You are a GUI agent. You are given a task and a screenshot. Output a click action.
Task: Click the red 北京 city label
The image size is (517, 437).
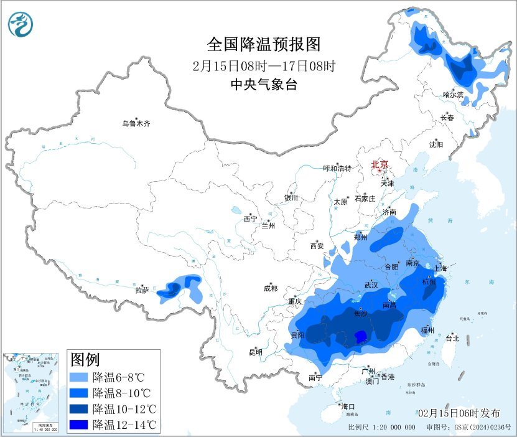pos(380,165)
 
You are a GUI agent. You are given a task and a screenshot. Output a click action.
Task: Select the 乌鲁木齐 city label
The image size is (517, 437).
pos(136,124)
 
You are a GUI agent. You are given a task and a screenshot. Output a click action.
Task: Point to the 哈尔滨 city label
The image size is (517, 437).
pos(454,95)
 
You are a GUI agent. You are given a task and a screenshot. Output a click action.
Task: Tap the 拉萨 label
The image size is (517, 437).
pos(142,290)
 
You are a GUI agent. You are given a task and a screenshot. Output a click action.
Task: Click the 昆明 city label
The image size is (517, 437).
pos(256,352)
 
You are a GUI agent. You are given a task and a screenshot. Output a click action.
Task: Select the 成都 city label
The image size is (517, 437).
pos(271,288)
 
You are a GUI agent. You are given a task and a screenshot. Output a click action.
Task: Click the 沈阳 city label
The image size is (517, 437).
pos(436,144)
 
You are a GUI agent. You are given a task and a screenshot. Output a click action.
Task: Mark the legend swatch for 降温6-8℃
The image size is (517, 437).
pos(79,377)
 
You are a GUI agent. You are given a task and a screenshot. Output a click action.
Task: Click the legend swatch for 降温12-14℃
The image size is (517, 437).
pos(79,425)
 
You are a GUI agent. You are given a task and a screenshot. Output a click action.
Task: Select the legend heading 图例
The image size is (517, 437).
pos(85,360)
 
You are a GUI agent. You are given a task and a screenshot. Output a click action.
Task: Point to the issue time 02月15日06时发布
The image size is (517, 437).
pos(459,413)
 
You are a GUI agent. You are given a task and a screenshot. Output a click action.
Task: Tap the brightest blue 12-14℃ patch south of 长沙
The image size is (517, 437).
pos(359,337)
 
